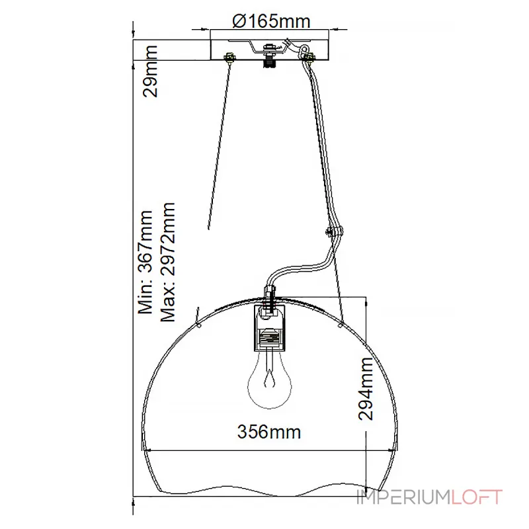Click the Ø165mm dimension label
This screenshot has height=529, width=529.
pos(271,22)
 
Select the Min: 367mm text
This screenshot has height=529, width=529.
pos(145,262)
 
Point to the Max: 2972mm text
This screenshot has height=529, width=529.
pos(168,262)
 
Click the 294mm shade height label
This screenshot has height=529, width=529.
pos(366,389)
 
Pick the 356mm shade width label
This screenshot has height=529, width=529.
pos(269,432)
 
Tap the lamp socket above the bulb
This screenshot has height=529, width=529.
pos(270,328)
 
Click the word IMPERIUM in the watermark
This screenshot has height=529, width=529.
pos(403,497)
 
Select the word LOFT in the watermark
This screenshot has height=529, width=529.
pos(476,497)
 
